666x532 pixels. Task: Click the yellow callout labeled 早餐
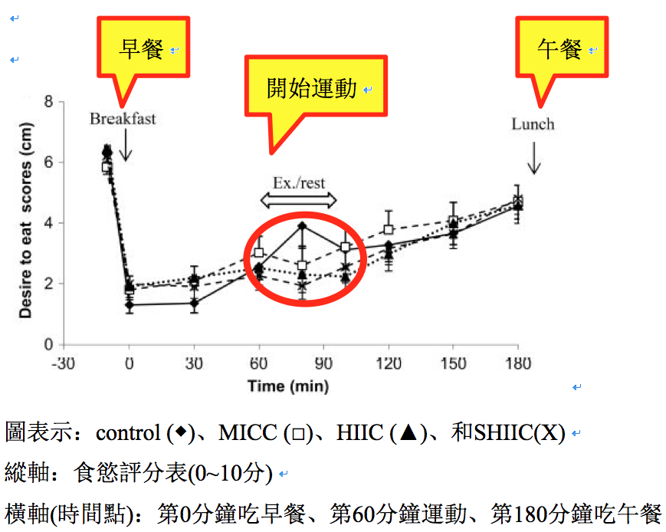click(x=142, y=51)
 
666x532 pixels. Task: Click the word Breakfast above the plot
click(x=123, y=119)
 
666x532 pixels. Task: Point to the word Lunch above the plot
click(x=533, y=124)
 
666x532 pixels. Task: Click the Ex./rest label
click(x=298, y=183)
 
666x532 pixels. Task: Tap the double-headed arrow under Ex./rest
click(x=298, y=200)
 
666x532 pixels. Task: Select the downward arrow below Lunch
click(x=534, y=158)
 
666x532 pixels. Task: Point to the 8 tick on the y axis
click(x=48, y=101)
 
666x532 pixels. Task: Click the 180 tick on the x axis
click(x=519, y=363)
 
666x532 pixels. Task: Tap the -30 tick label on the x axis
click(x=64, y=363)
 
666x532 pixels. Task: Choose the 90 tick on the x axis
click(x=324, y=363)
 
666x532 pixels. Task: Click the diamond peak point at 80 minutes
click(x=303, y=225)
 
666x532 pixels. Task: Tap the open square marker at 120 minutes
click(x=389, y=229)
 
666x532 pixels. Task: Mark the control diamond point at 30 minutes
click(x=195, y=303)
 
